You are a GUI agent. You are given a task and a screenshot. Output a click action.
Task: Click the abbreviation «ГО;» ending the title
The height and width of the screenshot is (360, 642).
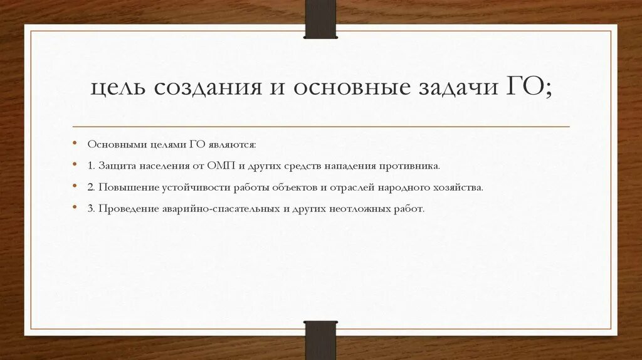pyautogui.click(x=529, y=87)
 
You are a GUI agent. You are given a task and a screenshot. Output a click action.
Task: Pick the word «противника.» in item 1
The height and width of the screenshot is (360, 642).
pyautogui.click(x=411, y=166)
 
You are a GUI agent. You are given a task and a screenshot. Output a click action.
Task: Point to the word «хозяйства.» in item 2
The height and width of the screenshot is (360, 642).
pyautogui.click(x=460, y=188)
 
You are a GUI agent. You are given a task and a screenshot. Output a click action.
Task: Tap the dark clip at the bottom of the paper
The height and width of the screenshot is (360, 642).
pyautogui.click(x=320, y=341)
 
